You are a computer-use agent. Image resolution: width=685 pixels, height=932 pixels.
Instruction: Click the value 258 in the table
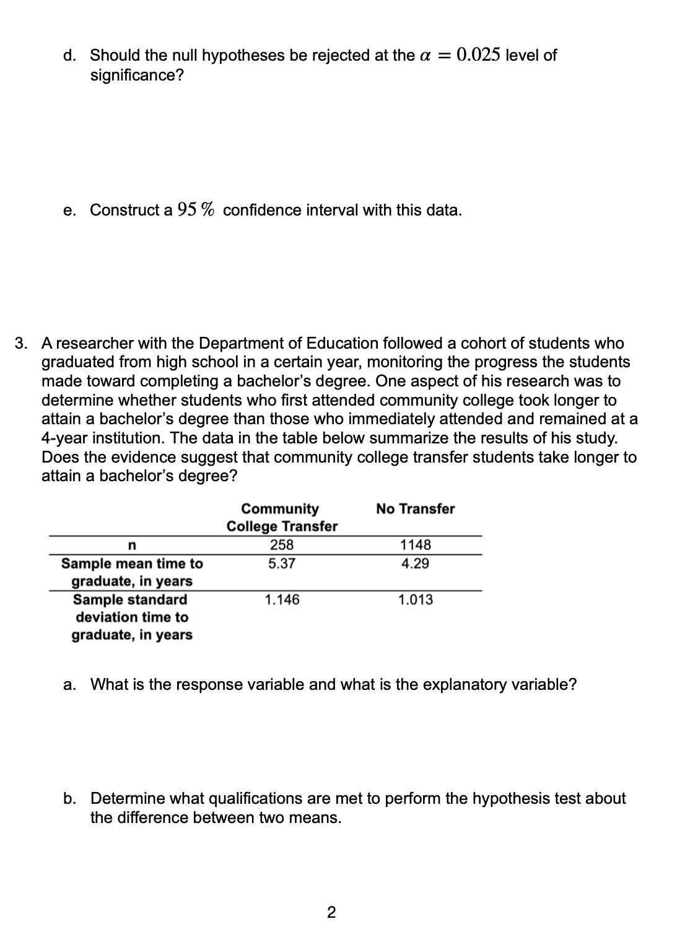282,545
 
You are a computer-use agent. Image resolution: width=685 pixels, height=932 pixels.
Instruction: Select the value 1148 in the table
416,545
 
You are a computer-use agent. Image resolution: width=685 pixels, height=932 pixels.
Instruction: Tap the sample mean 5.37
282,564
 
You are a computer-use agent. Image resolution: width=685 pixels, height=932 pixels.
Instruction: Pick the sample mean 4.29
416,564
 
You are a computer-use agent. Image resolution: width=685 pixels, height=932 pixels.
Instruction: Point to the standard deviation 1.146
282,599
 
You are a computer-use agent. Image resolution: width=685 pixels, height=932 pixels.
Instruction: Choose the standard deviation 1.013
416,599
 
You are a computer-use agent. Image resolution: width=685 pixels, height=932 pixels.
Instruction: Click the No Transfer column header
415,508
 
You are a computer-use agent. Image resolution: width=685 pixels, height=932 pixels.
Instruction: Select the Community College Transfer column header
282,517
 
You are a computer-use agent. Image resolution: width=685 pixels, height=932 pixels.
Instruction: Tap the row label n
131,546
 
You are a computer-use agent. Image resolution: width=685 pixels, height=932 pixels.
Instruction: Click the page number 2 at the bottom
331,912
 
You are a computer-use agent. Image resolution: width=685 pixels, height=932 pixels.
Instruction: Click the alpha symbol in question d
424,55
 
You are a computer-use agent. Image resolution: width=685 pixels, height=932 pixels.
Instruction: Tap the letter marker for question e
69,211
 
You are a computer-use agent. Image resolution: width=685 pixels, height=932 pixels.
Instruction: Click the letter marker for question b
69,798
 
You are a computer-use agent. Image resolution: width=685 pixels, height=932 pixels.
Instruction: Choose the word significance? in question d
137,75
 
